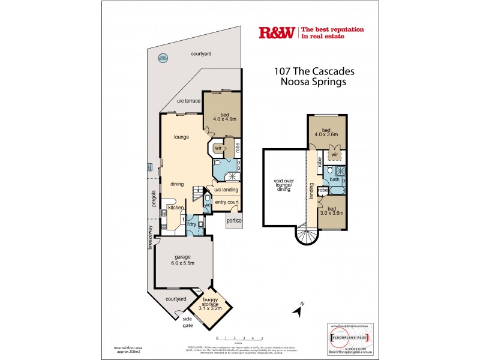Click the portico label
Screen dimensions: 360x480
click(x=233, y=221)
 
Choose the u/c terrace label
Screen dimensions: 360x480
click(x=188, y=101)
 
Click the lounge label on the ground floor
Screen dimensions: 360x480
click(x=182, y=137)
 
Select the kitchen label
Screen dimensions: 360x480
click(x=175, y=208)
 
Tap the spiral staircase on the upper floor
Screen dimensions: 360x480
click(x=305, y=239)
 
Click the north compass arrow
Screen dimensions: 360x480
click(x=297, y=310)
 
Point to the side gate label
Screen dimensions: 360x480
click(x=188, y=323)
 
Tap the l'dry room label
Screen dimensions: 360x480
click(x=193, y=224)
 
